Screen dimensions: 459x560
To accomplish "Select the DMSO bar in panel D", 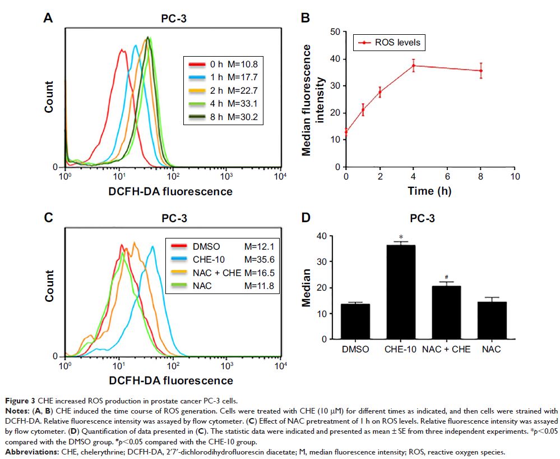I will [x=355, y=322].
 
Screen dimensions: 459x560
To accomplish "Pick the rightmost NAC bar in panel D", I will [x=491, y=320].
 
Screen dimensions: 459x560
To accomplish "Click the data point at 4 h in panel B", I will [x=414, y=66].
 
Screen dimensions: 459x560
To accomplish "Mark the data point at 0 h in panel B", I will [x=346, y=132].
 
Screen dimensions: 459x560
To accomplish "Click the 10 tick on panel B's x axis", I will [x=515, y=176].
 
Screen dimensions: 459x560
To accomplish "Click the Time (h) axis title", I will [x=429, y=191].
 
